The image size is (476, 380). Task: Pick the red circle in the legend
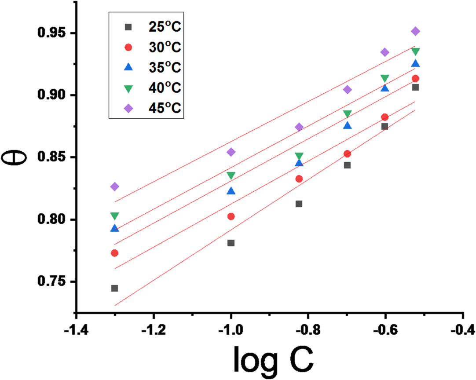click(x=128, y=47)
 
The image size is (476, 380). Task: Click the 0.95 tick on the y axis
click(x=52, y=33)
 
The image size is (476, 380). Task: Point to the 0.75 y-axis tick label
click(x=52, y=282)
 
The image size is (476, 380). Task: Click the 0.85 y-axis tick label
click(x=52, y=157)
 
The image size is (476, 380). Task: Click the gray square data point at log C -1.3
click(x=114, y=288)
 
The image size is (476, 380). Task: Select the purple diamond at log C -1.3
click(x=114, y=186)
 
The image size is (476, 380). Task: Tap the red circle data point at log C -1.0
click(x=231, y=216)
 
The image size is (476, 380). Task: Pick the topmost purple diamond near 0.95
click(x=415, y=31)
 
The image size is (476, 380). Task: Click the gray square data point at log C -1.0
click(x=231, y=243)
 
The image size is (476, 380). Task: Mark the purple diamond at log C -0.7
click(x=347, y=90)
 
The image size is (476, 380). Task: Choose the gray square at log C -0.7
click(x=347, y=165)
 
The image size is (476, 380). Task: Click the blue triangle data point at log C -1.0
click(x=231, y=191)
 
